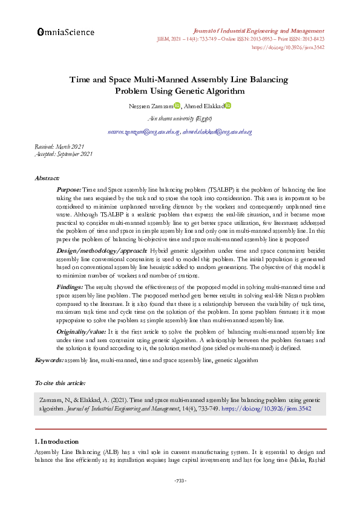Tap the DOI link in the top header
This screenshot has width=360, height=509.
click(x=287, y=47)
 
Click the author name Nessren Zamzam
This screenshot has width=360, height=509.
click(x=150, y=106)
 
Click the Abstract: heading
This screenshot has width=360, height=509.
click(x=47, y=178)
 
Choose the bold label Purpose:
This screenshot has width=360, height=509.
click(x=68, y=190)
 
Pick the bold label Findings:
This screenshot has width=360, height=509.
click(x=70, y=287)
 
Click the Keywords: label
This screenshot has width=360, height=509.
click(x=50, y=360)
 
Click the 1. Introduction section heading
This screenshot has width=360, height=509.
click(x=56, y=441)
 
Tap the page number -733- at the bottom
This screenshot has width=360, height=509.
click(x=180, y=481)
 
